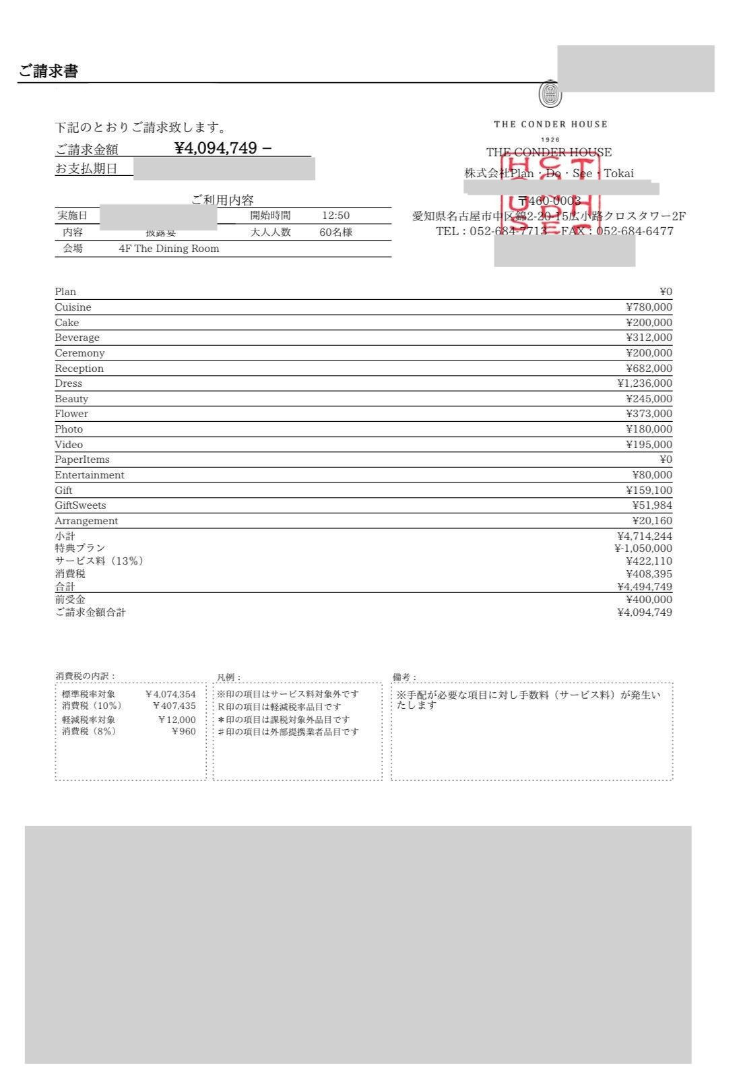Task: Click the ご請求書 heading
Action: click(48, 71)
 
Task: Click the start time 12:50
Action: click(335, 216)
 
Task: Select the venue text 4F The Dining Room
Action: click(168, 249)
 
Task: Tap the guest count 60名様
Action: click(335, 232)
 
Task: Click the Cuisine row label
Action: click(73, 307)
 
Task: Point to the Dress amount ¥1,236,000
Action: click(644, 383)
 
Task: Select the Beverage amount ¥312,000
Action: click(649, 338)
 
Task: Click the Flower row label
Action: click(71, 414)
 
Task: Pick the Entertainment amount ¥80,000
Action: click(651, 475)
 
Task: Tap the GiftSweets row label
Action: click(80, 505)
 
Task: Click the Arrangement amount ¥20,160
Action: click(651, 521)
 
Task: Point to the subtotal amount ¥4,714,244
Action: click(644, 536)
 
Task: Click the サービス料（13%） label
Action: click(99, 561)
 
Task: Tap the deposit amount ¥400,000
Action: click(649, 600)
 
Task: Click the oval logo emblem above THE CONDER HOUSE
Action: click(550, 95)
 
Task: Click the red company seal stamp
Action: click(551, 195)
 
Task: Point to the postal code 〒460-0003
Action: click(550, 201)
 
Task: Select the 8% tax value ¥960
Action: click(183, 731)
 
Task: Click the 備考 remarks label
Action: click(404, 677)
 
